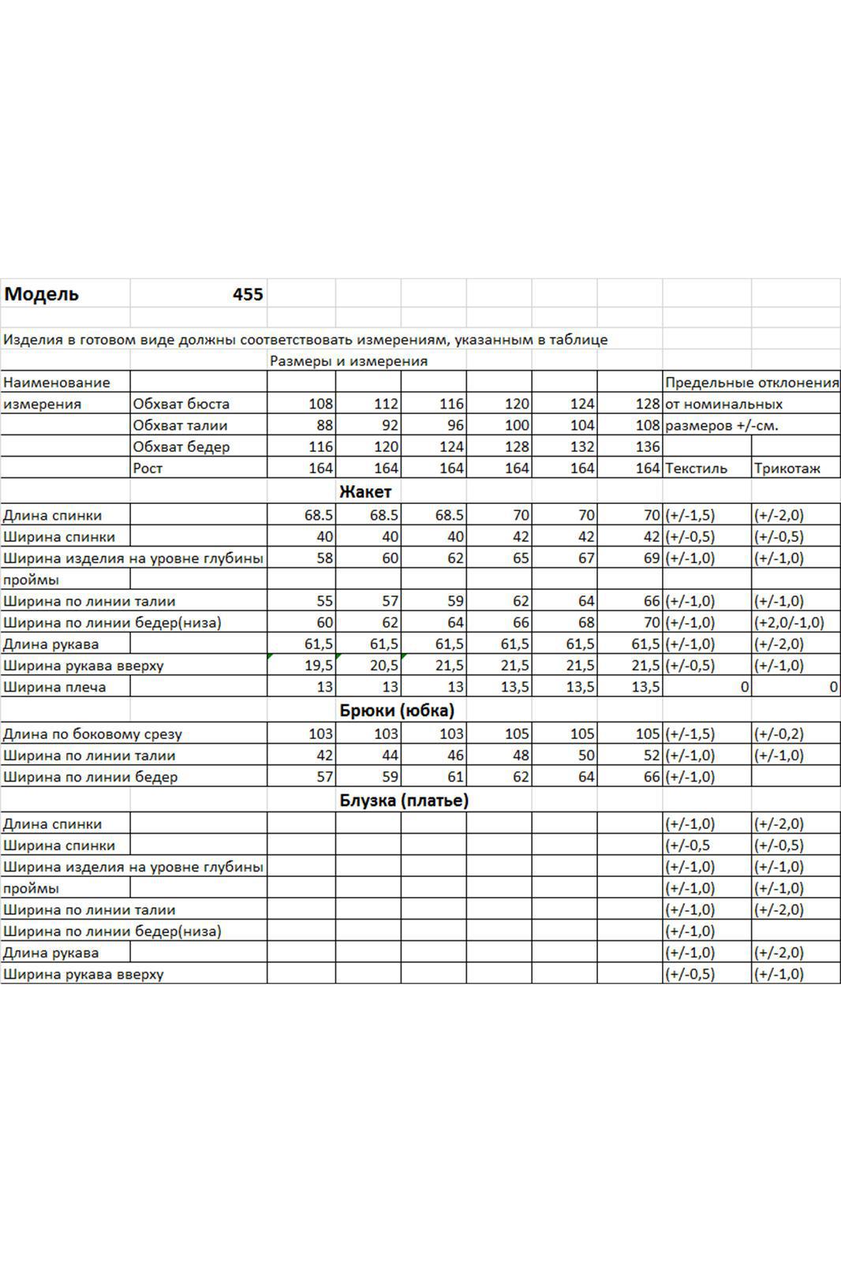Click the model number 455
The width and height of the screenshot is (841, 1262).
(248, 295)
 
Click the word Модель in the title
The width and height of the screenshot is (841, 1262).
(42, 295)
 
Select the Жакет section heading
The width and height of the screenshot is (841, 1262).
(365, 492)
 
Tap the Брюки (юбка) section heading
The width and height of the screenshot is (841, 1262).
(397, 711)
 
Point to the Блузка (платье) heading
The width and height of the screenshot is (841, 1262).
(404, 801)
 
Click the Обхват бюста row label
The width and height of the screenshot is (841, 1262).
(181, 404)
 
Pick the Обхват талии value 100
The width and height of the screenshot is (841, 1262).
(517, 425)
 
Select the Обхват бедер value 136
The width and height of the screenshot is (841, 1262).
(647, 446)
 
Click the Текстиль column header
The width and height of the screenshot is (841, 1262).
(697, 468)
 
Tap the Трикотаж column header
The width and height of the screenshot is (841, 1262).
(787, 468)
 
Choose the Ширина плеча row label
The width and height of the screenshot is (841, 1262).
(54, 687)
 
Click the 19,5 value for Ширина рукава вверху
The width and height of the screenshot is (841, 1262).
(319, 666)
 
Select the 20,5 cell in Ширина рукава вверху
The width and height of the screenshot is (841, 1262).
(384, 666)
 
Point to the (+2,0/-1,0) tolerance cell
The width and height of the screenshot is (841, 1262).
(789, 622)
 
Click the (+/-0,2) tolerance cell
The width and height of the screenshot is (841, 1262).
(779, 734)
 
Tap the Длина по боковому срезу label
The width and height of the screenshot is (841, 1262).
(92, 734)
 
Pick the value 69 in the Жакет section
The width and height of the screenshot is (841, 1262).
(651, 558)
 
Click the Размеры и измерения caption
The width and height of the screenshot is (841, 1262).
(349, 361)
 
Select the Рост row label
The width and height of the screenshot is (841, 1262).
(148, 468)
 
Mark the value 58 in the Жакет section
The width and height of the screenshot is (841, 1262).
(324, 558)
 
